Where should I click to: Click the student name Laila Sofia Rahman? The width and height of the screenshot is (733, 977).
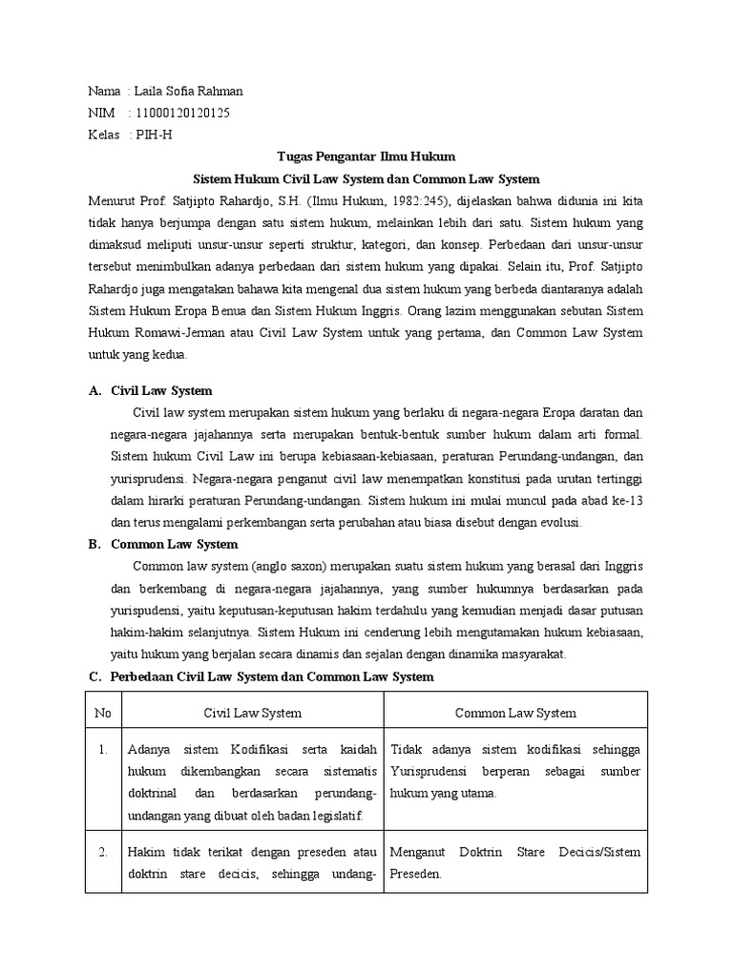[x=190, y=92]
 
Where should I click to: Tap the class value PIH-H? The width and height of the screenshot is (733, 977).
[x=156, y=135]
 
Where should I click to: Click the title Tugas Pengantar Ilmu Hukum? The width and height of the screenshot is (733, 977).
[x=366, y=156]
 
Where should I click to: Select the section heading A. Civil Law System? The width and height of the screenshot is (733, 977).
[x=150, y=391]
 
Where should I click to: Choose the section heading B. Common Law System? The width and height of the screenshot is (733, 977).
[x=162, y=545]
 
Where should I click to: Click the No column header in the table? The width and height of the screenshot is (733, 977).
[x=103, y=713]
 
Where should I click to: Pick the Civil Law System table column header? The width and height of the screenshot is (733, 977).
[x=253, y=713]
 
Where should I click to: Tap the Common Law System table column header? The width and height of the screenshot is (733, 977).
[x=515, y=713]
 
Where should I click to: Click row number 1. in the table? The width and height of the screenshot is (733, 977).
[x=103, y=750]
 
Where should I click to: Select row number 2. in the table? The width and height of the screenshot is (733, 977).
[x=103, y=852]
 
